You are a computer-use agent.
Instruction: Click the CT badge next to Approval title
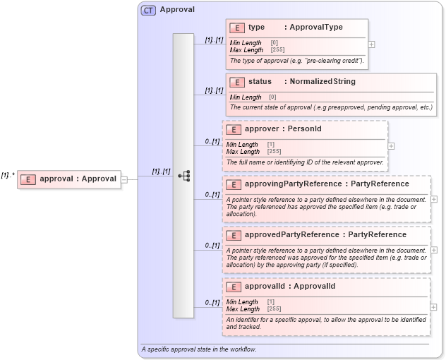pyautogui.click(x=149, y=10)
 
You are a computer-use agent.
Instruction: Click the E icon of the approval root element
pyautogui.click(x=28, y=179)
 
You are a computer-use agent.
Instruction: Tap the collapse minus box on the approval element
pyautogui.click(x=124, y=179)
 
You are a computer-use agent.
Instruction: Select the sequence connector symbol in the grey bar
pyautogui.click(x=183, y=175)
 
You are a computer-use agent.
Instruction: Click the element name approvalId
pyautogui.click(x=265, y=287)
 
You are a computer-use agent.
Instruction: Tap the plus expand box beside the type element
pyautogui.click(x=372, y=44)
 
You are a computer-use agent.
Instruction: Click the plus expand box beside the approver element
pyautogui.click(x=391, y=146)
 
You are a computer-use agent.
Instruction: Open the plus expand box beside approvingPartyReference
pyautogui.click(x=434, y=199)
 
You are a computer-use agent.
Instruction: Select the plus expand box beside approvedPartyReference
pyautogui.click(x=434, y=249)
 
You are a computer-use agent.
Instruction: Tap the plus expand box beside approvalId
pyautogui.click(x=434, y=307)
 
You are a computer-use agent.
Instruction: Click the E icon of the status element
pyautogui.click(x=236, y=82)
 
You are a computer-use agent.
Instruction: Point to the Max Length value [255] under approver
pyautogui.click(x=274, y=152)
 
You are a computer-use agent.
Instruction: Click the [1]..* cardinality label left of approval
pyautogui.click(x=8, y=174)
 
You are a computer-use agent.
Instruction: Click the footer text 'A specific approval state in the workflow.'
pyautogui.click(x=199, y=349)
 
